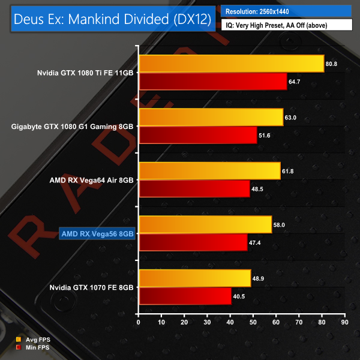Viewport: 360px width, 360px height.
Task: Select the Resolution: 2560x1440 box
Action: (286, 11)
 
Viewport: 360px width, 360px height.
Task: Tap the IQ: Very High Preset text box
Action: (286, 26)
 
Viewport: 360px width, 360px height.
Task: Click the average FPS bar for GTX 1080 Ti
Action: (231, 63)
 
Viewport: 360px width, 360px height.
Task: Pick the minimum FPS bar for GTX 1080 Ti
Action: (212, 80)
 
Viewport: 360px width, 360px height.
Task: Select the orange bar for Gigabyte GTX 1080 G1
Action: (211, 117)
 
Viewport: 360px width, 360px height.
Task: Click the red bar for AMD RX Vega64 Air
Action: (194, 189)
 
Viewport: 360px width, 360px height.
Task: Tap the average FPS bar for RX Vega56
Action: (205, 224)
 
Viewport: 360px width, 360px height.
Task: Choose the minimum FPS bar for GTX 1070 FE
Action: (185, 296)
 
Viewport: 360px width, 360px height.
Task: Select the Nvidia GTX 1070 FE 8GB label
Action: (92, 287)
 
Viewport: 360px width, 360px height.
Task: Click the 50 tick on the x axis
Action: (253, 322)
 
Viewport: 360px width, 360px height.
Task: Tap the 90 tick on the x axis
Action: (344, 322)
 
